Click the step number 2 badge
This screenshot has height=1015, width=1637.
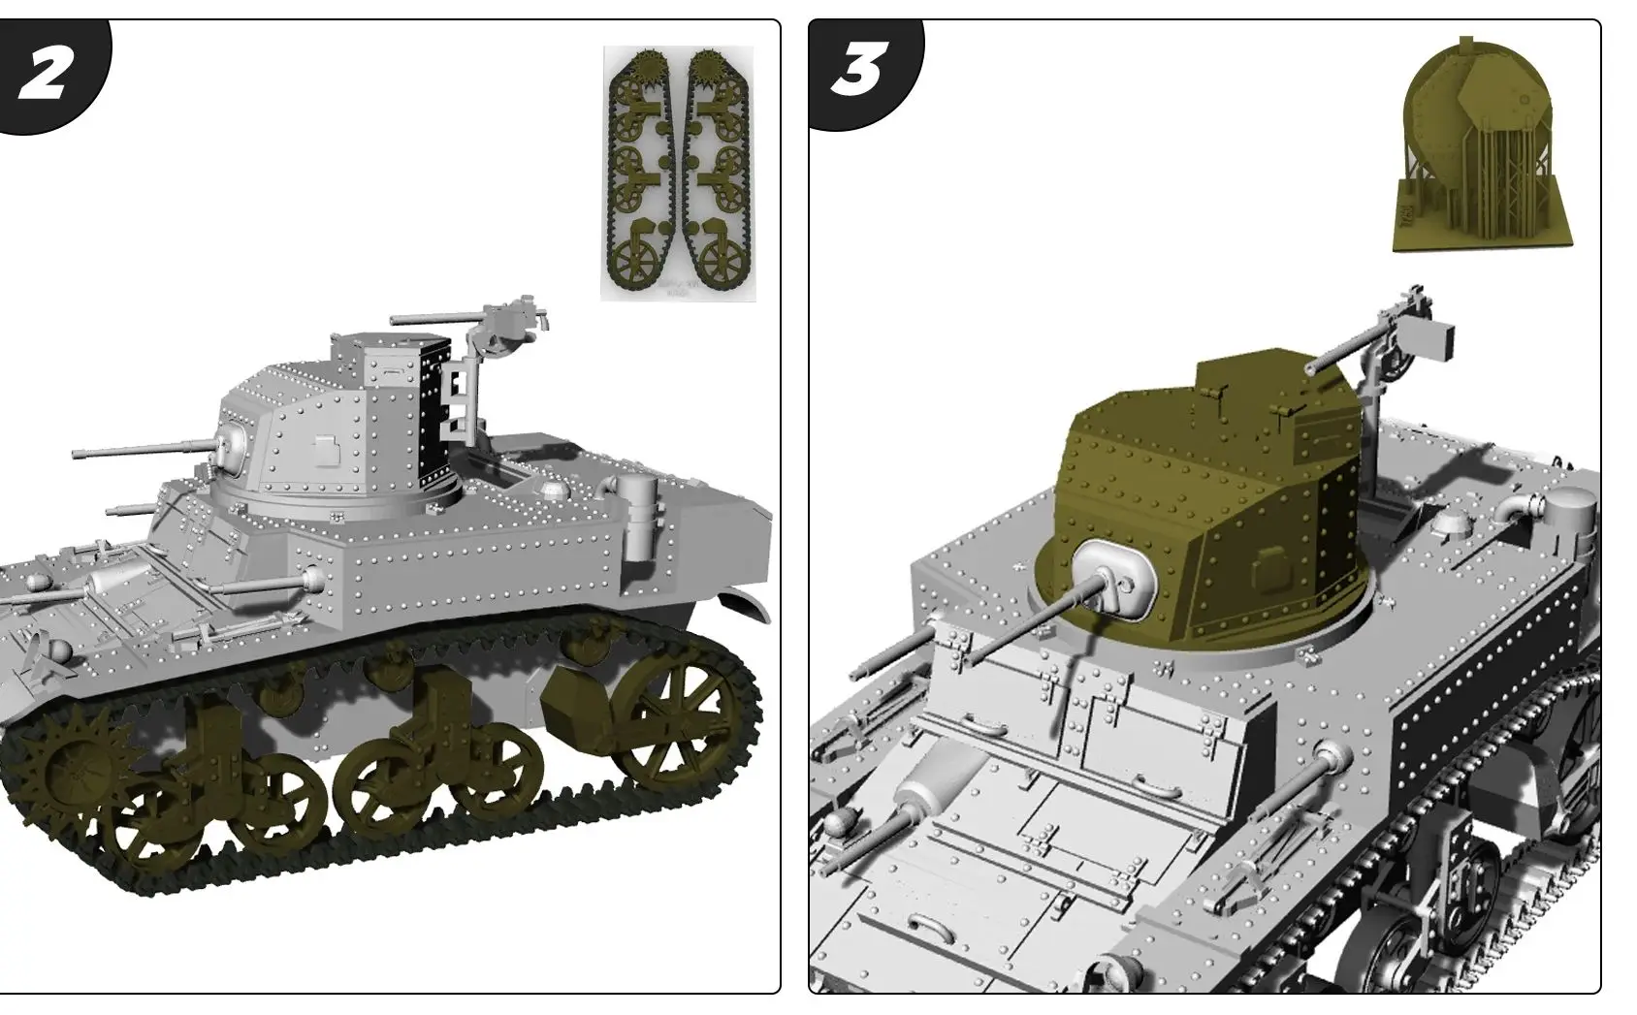[44, 73]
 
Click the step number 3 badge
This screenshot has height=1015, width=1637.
[857, 73]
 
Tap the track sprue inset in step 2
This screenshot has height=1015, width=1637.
[676, 173]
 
